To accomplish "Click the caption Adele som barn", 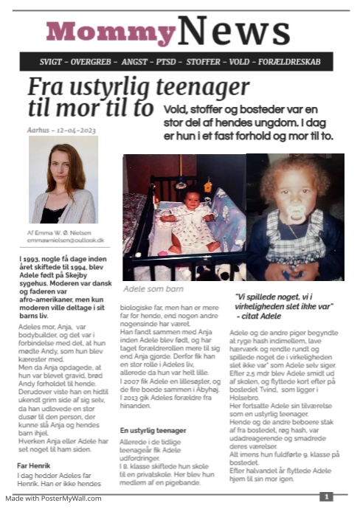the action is pos(153,288).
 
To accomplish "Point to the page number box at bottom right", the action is pos(327,497).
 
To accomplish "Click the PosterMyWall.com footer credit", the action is pos(54,499).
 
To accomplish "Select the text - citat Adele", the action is pos(262,315).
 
